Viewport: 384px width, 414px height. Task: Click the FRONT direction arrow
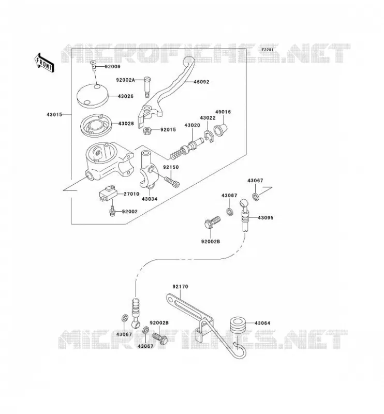[x=44, y=63]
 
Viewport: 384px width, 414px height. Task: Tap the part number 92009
[x=112, y=67]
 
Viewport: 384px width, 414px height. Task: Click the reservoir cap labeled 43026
[x=93, y=96]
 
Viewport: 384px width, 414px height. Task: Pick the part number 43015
[x=54, y=114]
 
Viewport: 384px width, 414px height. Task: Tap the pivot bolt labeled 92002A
[x=147, y=87]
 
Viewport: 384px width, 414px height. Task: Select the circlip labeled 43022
[x=209, y=136]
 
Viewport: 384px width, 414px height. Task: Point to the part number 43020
[x=192, y=125]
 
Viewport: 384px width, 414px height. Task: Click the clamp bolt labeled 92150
[x=172, y=182]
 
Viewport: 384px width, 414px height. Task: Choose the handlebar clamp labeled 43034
[x=149, y=170]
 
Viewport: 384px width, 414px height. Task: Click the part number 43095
[x=265, y=218]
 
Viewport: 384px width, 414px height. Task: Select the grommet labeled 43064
[x=239, y=324]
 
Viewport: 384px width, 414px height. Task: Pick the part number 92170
[x=181, y=287]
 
